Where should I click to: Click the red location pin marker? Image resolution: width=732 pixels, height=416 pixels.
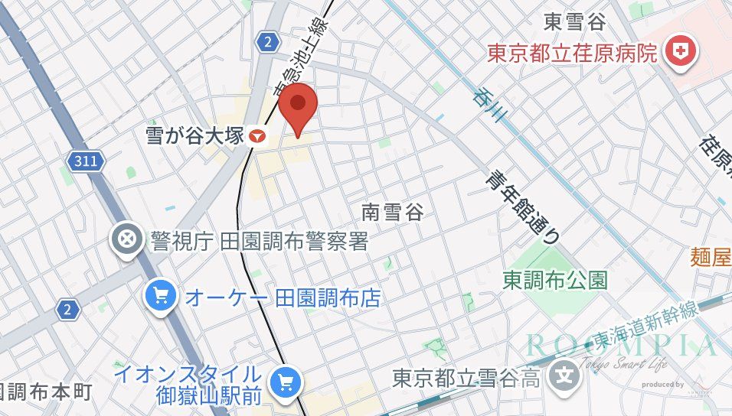click(298, 108)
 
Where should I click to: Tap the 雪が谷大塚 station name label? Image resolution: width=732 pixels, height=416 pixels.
click(194, 136)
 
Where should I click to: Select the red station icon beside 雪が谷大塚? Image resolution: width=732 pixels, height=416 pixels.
click(257, 137)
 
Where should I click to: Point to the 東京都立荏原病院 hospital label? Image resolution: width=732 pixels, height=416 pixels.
click(574, 53)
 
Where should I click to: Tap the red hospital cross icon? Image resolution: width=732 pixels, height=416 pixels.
click(678, 52)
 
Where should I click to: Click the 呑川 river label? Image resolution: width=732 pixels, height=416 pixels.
click(491, 106)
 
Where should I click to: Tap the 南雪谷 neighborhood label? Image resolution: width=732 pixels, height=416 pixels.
click(392, 211)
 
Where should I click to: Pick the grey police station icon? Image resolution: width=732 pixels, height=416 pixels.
click(126, 240)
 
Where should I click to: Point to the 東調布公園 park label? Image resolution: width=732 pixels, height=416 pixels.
click(555, 281)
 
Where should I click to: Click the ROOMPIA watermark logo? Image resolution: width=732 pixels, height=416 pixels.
click(620, 345)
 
